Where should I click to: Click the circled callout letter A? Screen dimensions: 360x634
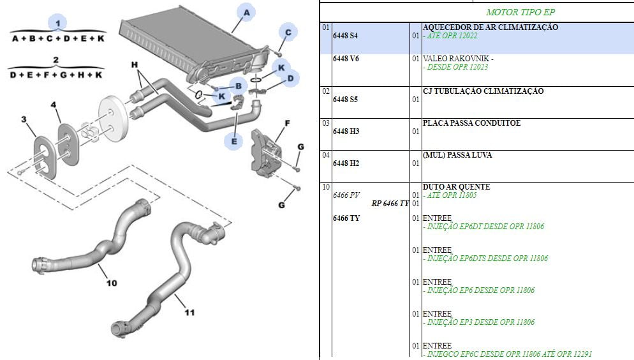pos(246,12)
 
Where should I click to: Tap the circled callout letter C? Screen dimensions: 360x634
pos(288,32)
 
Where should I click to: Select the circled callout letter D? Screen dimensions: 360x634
pos(290,79)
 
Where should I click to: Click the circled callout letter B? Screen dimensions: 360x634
pos(238,85)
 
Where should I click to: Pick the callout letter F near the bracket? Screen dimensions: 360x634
pos(288,123)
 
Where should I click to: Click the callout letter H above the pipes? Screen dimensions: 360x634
pos(135,65)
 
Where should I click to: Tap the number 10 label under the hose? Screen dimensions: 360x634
pos(112,283)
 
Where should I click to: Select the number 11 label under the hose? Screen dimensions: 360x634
pos(189,312)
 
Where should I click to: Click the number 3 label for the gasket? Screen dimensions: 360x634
pos(24,119)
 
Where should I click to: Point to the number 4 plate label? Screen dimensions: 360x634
pos(54,104)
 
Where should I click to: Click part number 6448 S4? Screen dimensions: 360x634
pos(345,36)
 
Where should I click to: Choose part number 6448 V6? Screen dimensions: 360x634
pos(346,59)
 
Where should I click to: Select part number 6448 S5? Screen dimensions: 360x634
pos(345,100)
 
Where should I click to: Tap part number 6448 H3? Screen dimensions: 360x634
pos(346,131)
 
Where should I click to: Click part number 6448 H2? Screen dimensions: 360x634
pos(346,163)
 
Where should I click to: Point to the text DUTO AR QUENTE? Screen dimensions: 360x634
pos(456,187)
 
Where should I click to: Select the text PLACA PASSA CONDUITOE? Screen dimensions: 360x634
pos(471,123)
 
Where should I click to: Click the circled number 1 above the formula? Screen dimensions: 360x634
pos(58,23)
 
